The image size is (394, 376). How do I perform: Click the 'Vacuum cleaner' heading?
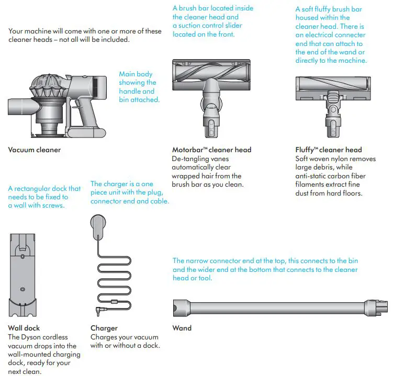[35, 150]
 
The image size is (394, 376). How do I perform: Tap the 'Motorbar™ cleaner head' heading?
[211, 150]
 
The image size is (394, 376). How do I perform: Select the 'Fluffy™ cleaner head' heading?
[329, 150]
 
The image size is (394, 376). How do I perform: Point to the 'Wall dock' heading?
[24, 328]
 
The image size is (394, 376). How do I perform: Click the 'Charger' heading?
[104, 328]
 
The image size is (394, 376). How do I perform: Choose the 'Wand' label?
[182, 328]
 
